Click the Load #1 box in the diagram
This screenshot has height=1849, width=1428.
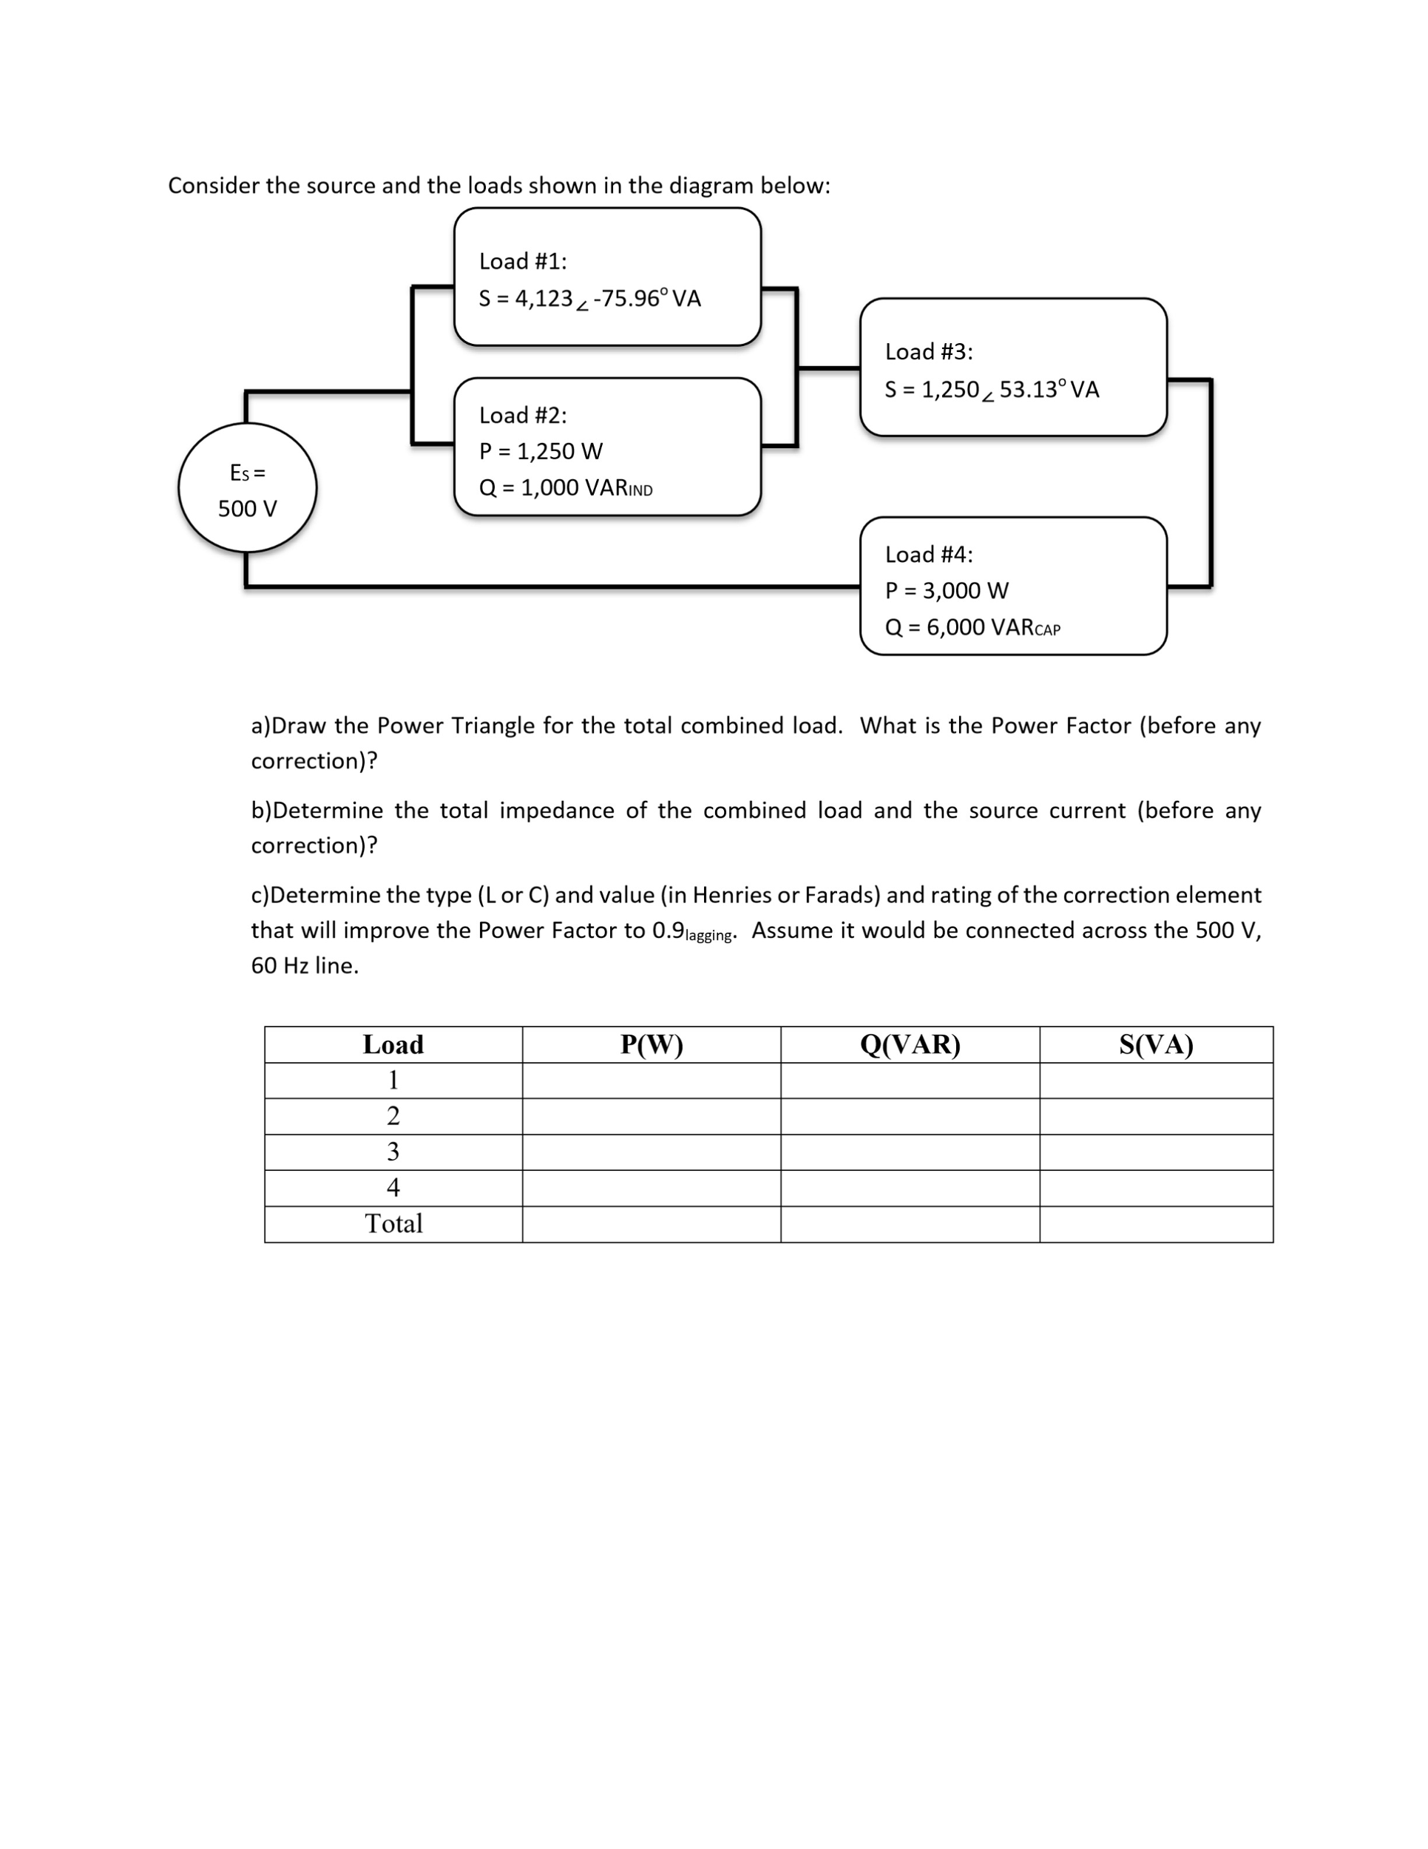pyautogui.click(x=607, y=277)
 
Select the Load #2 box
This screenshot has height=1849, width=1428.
pyautogui.click(x=607, y=446)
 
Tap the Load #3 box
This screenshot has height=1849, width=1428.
pyautogui.click(x=1012, y=367)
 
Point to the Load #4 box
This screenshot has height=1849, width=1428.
pyautogui.click(x=1012, y=586)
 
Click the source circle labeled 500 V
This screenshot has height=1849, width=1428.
pyautogui.click(x=247, y=487)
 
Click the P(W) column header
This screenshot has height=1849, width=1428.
pyautogui.click(x=651, y=1045)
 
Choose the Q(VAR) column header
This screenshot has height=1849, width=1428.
pyautogui.click(x=910, y=1045)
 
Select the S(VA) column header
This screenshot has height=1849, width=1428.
pyautogui.click(x=1155, y=1045)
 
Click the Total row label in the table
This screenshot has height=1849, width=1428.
pyautogui.click(x=393, y=1223)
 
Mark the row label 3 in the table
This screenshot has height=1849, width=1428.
pyautogui.click(x=393, y=1152)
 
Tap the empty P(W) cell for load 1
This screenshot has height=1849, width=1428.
pyautogui.click(x=651, y=1081)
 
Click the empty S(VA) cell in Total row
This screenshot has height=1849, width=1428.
pyautogui.click(x=1155, y=1224)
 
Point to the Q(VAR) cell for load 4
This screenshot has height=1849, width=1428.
pyautogui.click(x=910, y=1188)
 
